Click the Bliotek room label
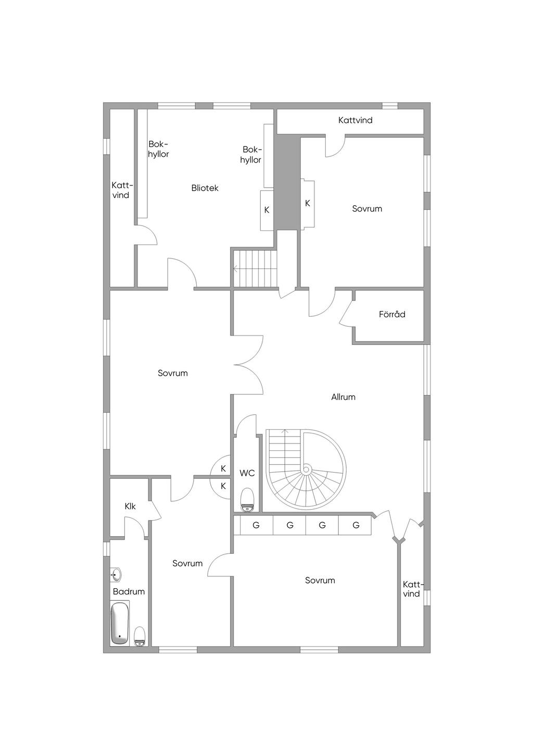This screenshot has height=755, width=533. coord(205,188)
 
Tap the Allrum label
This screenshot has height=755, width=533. coord(343,397)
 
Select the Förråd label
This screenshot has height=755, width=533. coord(392,314)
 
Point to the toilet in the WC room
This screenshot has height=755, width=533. coord(247,500)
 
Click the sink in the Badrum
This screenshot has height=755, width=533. coord(116,574)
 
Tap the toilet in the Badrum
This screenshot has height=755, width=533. coord(139,636)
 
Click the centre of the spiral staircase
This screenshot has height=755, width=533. coord(307,469)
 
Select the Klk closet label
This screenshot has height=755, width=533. coord(130,506)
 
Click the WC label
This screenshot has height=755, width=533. coord(247,473)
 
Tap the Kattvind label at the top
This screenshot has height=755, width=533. coord(355,120)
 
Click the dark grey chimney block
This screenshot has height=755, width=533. coord(286,182)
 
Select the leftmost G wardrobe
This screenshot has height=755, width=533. coord(256,525)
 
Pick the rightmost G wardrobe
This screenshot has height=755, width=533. coord(356,525)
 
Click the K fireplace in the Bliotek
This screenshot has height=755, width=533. coord(266,210)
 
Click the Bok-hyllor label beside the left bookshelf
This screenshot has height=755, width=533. coord(158,149)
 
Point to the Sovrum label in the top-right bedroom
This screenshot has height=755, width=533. coord(367,208)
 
